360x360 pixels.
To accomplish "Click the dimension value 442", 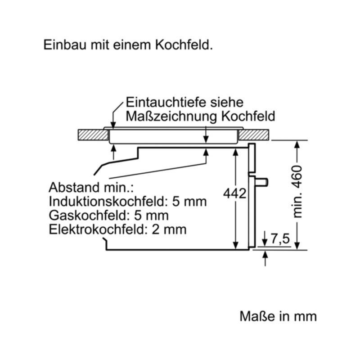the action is point(234,193).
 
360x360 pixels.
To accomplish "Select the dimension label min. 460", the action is point(297,192).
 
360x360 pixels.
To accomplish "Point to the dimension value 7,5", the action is point(280,239).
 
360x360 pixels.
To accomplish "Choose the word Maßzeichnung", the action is point(171,117).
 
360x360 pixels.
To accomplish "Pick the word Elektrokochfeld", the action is point(98,229).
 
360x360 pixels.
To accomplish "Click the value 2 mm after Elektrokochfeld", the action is point(169,229).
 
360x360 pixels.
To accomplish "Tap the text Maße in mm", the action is point(278,316).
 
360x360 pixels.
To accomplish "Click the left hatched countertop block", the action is point(93,135).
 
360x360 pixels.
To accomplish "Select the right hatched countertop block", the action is point(254,135).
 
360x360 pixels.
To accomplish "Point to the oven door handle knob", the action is point(262,182).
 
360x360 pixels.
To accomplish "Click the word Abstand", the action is point(74,187).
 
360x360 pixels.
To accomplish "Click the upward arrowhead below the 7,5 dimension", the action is point(265,255).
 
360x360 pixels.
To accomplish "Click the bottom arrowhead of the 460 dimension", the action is point(297,245).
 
